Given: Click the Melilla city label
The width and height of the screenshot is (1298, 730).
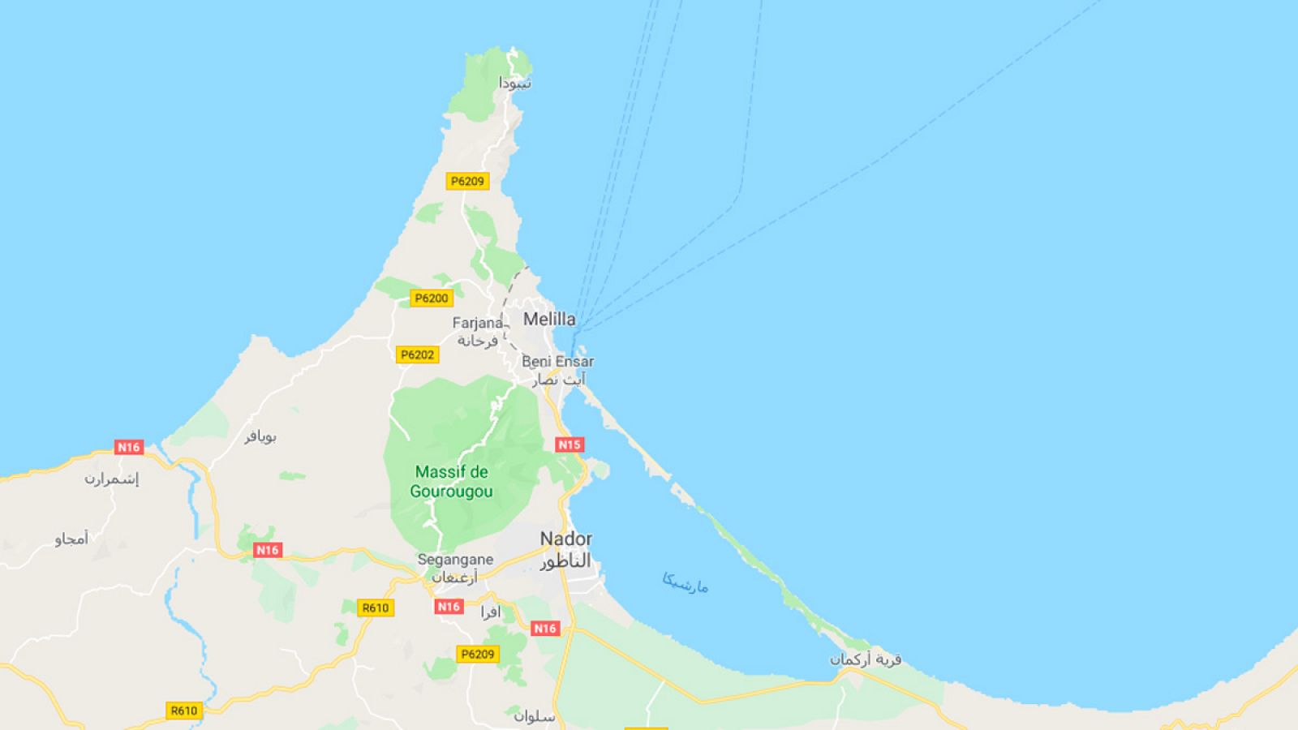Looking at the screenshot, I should pos(549,319).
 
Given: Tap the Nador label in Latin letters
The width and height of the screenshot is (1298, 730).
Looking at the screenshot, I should pos(566,539).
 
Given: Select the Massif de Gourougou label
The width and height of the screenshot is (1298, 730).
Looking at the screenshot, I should pos(452,481).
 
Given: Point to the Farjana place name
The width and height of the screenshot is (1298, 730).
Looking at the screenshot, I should pos(477,323).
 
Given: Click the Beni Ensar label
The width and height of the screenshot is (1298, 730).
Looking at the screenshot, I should pos(557,361).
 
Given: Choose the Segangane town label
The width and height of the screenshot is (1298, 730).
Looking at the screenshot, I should pos(455,560).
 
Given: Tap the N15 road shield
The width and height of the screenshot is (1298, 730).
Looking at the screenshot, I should pos(569,444).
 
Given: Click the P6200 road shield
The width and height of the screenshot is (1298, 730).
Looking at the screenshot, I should pos(431,298).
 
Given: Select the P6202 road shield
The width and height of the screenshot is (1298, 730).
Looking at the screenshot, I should pos(418,354).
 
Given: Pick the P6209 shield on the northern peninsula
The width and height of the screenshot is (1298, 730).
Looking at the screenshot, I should pos(467,181).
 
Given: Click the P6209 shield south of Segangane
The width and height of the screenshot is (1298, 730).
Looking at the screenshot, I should pos(477,654).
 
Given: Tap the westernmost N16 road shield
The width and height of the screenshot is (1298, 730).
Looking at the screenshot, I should pos(128,447).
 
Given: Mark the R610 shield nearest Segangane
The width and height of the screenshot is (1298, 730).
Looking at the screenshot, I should pos(376,608).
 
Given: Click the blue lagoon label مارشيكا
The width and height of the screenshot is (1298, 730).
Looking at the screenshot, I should pos(686,582).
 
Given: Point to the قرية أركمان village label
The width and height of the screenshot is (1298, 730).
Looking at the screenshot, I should pos(865,659).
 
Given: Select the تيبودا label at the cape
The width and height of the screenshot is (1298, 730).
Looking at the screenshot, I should pos(515,83).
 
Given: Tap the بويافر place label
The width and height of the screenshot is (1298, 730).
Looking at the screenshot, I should pos(260,436).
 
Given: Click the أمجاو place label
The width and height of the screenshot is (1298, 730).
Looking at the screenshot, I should pos(71,539).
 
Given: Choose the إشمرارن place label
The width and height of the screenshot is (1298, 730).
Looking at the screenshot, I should pos(111,479).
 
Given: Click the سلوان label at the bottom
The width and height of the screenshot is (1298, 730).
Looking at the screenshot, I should pos(534,717).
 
